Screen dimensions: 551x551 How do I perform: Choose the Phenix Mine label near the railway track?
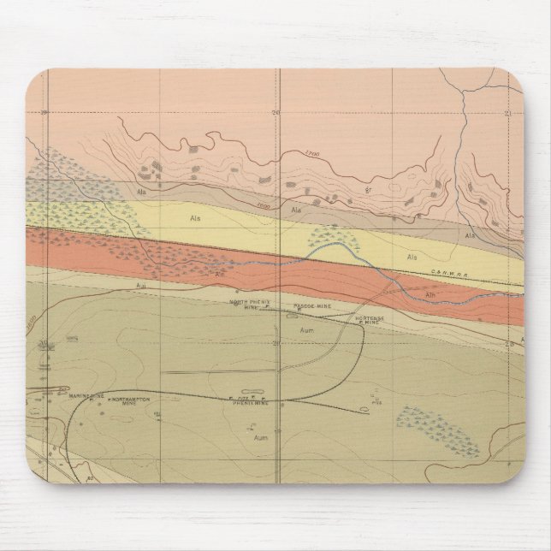[x=251, y=401]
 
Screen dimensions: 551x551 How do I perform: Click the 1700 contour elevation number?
[x=311, y=154]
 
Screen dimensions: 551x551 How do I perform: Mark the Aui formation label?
[x=140, y=285]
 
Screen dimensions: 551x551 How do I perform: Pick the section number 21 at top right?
[x=507, y=113]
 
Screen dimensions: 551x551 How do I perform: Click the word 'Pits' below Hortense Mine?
[x=376, y=400]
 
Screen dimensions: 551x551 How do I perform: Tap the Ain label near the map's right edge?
[x=431, y=295]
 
